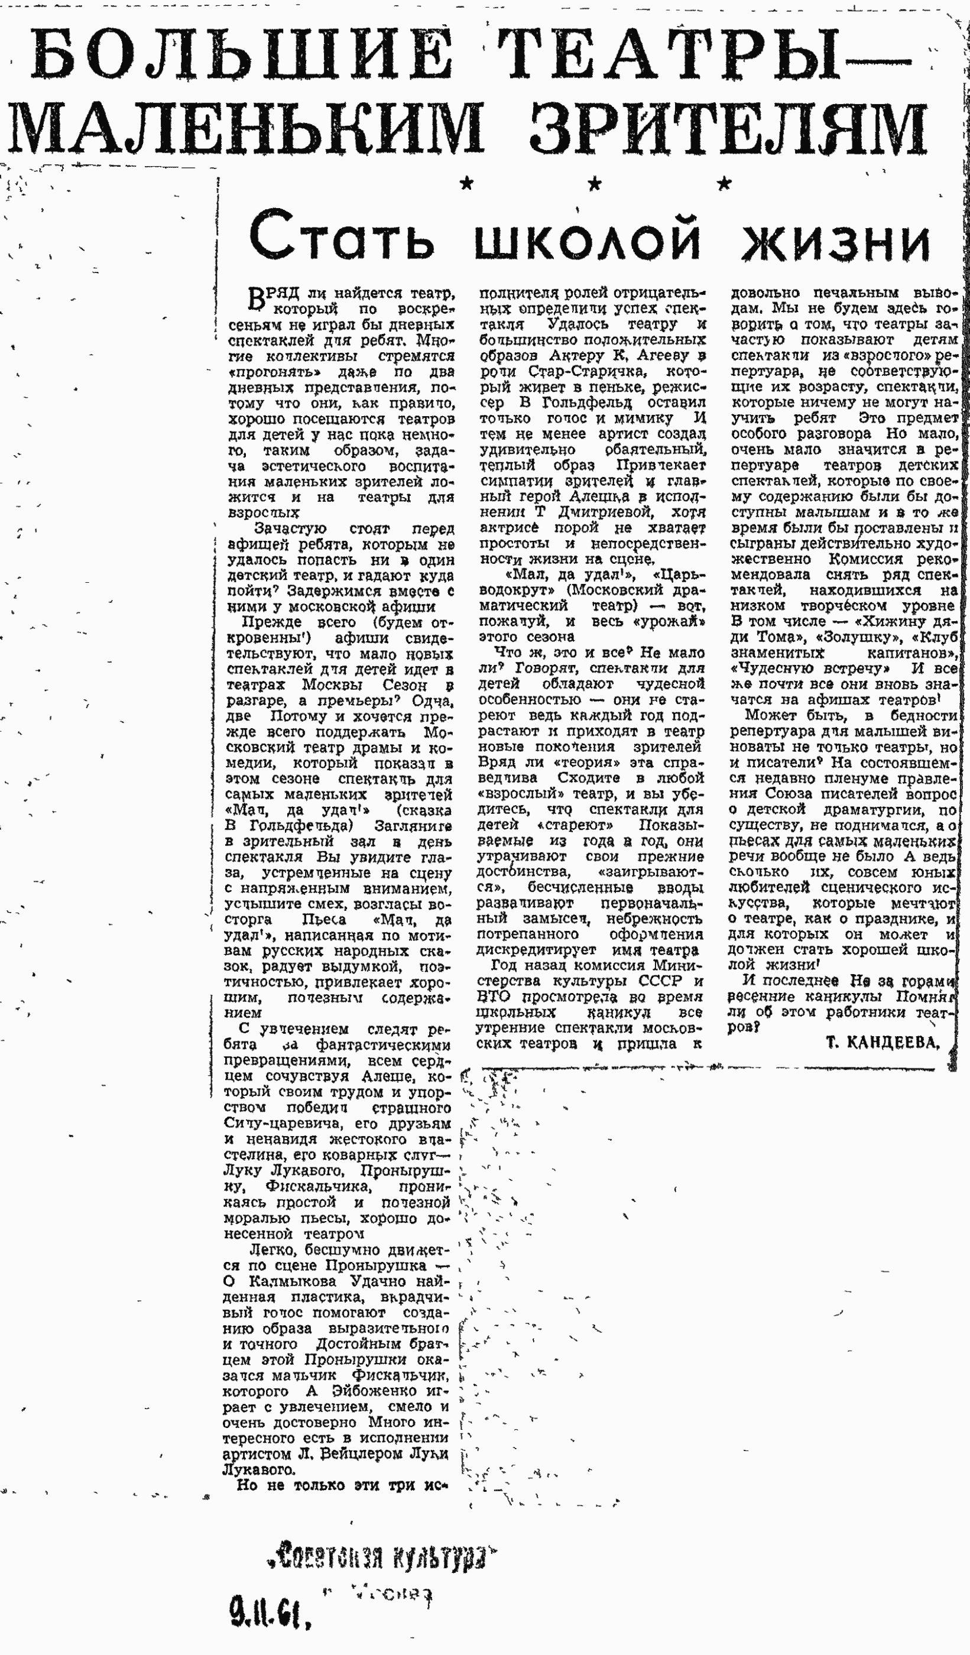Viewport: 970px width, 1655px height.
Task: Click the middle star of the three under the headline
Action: coord(594,184)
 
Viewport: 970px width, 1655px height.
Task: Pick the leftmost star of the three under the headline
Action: coord(466,184)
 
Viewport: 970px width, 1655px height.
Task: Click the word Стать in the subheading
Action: coord(342,235)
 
